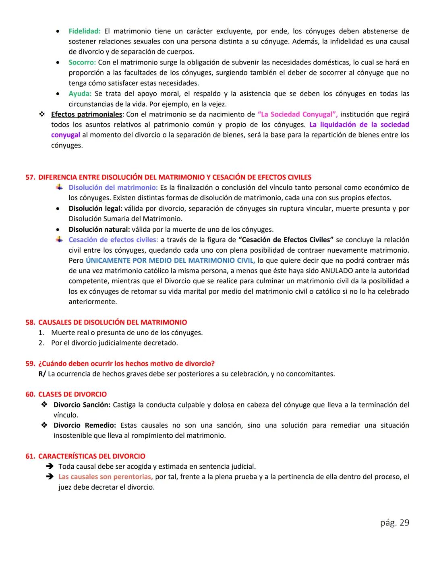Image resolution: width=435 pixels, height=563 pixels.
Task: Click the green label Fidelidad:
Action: (x=84, y=31)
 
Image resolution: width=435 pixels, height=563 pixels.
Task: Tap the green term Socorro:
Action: (x=82, y=62)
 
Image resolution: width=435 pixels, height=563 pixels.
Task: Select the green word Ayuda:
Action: (x=80, y=93)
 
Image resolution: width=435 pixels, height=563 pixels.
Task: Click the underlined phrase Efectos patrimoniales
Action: (x=86, y=114)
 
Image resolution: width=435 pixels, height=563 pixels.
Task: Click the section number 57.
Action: (x=30, y=177)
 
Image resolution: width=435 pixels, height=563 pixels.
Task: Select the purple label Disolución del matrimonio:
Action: (x=113, y=187)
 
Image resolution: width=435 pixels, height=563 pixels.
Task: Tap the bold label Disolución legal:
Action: (x=95, y=208)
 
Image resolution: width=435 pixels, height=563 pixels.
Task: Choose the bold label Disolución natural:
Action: (x=99, y=229)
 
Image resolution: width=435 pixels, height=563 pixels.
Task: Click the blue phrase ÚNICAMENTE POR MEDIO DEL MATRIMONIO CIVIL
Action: (x=170, y=260)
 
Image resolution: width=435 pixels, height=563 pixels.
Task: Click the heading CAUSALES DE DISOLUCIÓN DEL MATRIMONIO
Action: (x=112, y=322)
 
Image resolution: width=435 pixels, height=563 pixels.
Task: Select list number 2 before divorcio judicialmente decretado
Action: (x=41, y=343)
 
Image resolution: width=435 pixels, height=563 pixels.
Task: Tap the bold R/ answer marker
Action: (x=42, y=374)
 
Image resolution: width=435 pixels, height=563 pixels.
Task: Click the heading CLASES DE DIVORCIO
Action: (x=72, y=394)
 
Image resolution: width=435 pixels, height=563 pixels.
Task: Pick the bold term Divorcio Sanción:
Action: (x=82, y=405)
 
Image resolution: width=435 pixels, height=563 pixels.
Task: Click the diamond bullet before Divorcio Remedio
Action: (x=44, y=425)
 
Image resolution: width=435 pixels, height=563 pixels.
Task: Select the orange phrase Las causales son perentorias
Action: (x=105, y=477)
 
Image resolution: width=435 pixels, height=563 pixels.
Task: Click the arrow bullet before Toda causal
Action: (x=50, y=466)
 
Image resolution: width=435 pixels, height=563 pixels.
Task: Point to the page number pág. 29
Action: (x=394, y=523)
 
